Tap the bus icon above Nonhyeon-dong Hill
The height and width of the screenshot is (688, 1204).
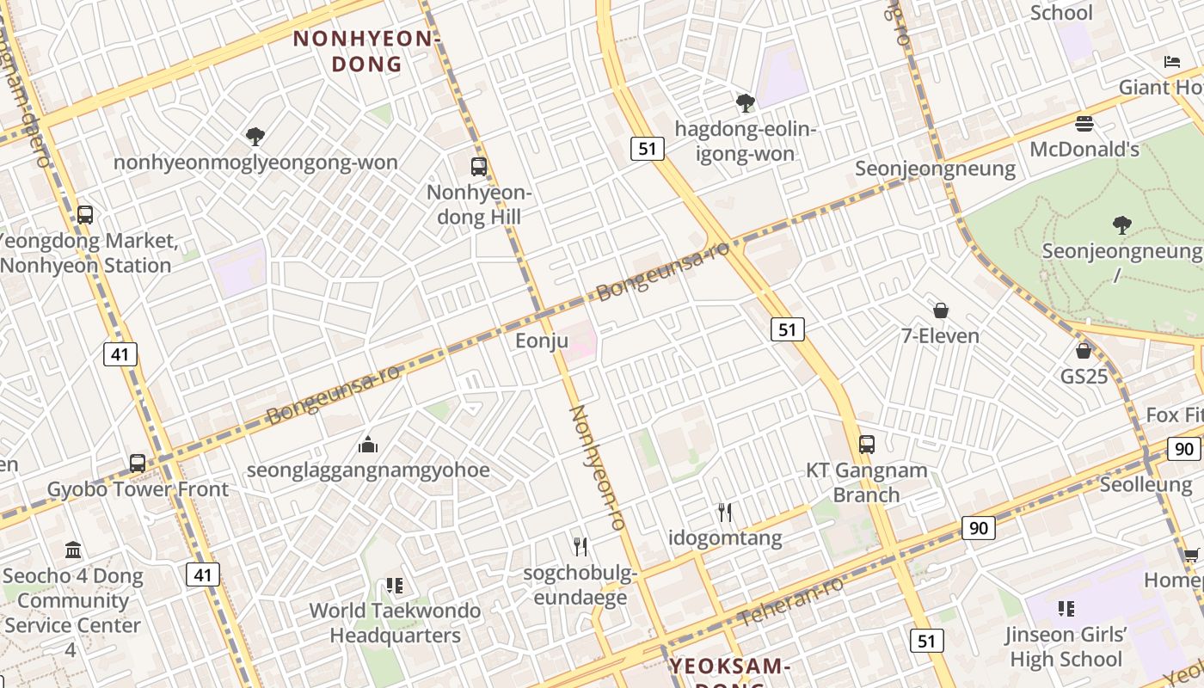pos(479,167)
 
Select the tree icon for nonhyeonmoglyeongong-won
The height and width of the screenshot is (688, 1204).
pos(255,136)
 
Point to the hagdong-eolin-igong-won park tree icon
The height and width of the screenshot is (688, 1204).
pos(745,104)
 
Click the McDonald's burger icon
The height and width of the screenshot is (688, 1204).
pos(1084,124)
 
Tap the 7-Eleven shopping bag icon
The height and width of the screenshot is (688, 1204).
pos(941,310)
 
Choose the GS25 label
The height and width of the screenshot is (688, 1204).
pos(1084,377)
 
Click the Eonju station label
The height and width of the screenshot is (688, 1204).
pos(542,341)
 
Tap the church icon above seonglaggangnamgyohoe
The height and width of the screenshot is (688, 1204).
pos(368,445)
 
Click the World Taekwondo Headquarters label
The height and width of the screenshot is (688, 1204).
pos(396,623)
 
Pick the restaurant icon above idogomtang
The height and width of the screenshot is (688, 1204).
pos(725,513)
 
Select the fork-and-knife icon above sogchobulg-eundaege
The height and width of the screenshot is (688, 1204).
pos(580,546)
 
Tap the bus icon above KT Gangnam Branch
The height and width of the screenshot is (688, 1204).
pos(867,445)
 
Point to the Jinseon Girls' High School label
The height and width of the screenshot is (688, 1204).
pos(1066,647)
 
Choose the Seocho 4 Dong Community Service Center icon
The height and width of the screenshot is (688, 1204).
pos(73,550)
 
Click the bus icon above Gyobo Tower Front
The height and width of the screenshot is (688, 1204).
pos(138,464)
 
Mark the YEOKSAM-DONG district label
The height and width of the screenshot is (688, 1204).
pos(729,667)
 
